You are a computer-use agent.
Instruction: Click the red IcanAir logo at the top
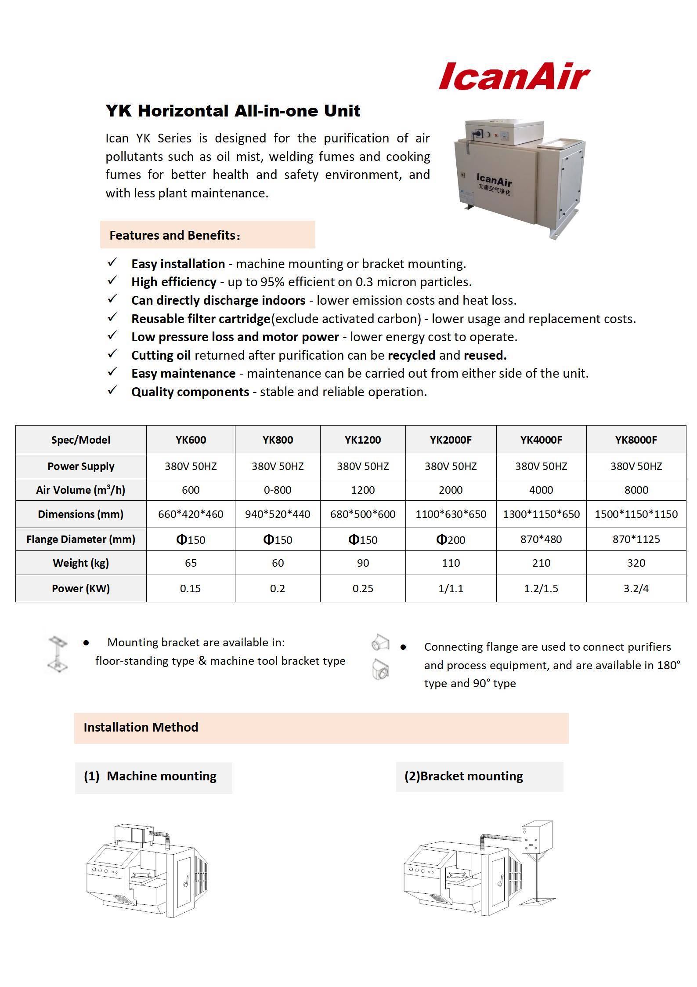coord(514,76)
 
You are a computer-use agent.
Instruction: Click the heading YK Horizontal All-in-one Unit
coord(233,111)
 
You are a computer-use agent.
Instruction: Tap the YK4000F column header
coord(541,440)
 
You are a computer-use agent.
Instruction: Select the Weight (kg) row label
coord(81,563)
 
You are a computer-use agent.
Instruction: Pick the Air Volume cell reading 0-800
coord(278,490)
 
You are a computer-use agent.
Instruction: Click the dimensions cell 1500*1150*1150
coord(636,514)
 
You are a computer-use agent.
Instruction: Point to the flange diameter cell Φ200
coord(451,539)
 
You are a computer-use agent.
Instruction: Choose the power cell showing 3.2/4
coord(636,588)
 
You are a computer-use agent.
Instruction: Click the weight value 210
coord(541,563)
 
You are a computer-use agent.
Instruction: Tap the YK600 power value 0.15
coord(191,588)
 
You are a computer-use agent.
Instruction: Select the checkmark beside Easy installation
coord(112,262)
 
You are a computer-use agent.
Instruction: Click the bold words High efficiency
coord(173,282)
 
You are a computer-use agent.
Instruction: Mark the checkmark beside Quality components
coord(112,390)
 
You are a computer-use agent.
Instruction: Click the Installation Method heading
coord(141,727)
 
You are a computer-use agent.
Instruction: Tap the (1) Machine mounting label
coord(150,776)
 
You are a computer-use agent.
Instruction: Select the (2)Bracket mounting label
coord(464,776)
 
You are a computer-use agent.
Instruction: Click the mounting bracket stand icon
coord(58,655)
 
